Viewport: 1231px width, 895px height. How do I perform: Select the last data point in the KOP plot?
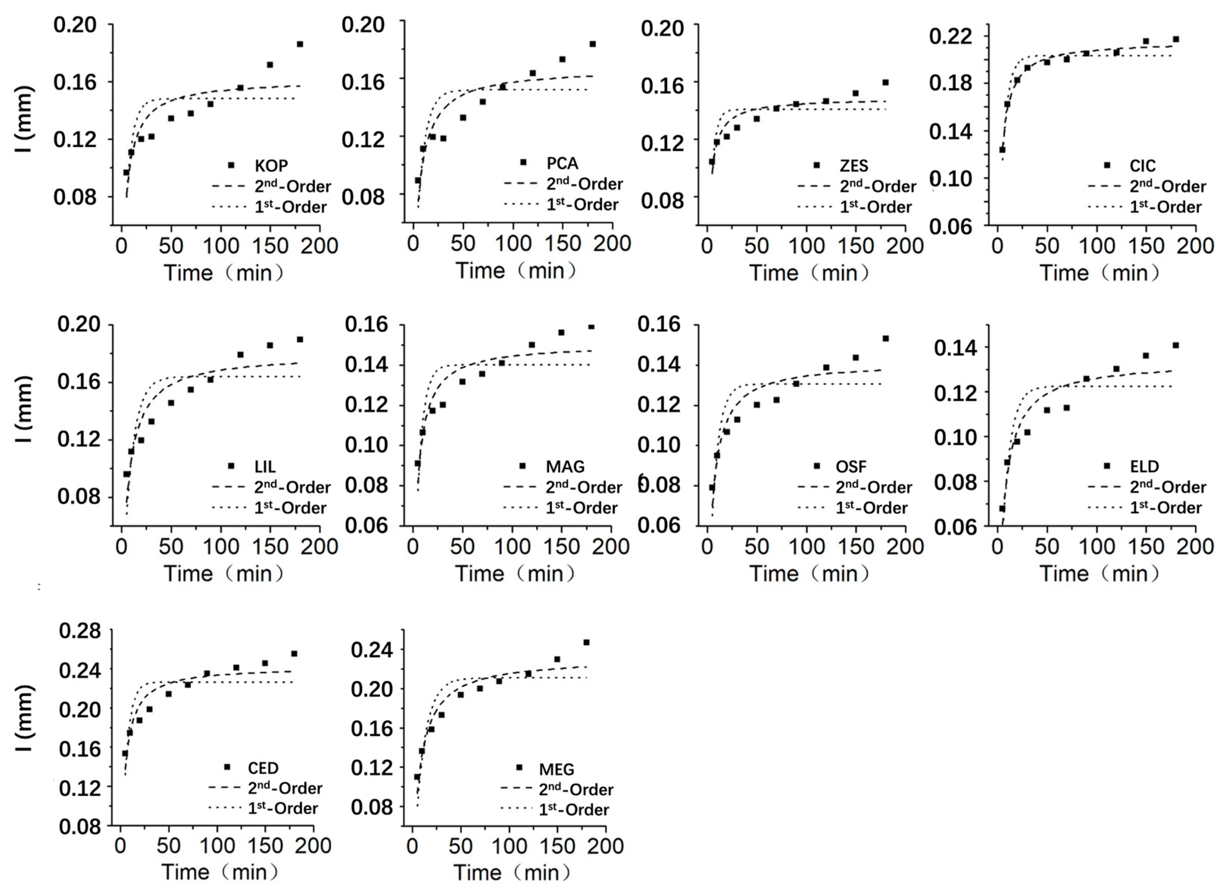click(x=300, y=44)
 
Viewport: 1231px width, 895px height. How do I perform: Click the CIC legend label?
click(x=1142, y=165)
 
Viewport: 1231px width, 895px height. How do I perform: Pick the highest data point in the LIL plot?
click(x=300, y=339)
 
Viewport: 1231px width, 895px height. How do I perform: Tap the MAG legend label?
click(x=565, y=466)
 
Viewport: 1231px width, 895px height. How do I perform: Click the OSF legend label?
click(x=851, y=466)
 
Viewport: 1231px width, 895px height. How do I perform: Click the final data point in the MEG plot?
click(x=586, y=642)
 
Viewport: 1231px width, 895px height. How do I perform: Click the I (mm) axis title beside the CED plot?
click(x=25, y=718)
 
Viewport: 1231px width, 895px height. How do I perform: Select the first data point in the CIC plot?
click(x=1002, y=149)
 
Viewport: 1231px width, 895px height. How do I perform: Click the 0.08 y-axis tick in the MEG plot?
click(x=372, y=807)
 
